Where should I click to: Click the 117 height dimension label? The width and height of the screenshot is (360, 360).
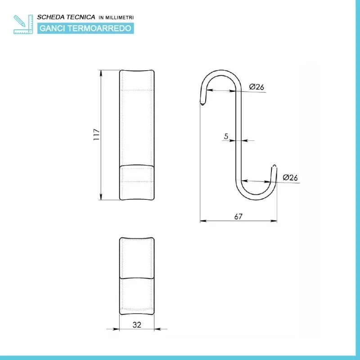coord(96,135)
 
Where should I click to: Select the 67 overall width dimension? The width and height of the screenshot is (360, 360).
coord(238,216)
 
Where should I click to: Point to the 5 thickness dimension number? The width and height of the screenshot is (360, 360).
coord(226,135)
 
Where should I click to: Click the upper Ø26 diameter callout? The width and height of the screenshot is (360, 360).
coord(256,87)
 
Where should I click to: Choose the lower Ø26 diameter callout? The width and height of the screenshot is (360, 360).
coord(290,177)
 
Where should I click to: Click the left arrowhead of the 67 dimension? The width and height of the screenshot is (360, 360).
coord(202,221)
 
